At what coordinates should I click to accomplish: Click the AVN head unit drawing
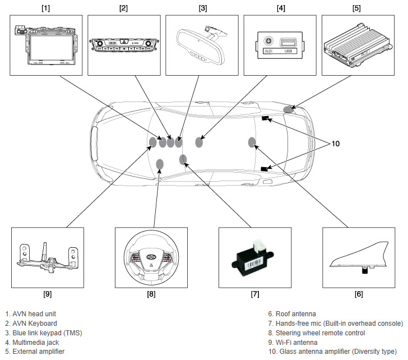pyautogui.click(x=46, y=45)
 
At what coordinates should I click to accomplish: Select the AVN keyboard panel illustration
pyautogui.click(x=124, y=45)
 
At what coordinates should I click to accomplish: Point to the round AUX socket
pyautogui.click(x=268, y=41)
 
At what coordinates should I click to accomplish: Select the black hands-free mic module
pyautogui.click(x=252, y=261)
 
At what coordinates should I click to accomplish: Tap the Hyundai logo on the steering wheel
pyautogui.click(x=151, y=257)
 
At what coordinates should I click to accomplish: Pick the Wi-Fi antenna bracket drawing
pyautogui.click(x=48, y=257)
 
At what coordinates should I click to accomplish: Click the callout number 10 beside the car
pyautogui.click(x=335, y=144)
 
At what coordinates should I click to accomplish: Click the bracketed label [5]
pyautogui.click(x=356, y=8)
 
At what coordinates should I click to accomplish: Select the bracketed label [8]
pyautogui.click(x=151, y=294)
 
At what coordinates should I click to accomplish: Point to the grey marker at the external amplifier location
pyautogui.click(x=288, y=109)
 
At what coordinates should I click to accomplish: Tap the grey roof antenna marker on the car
pyautogui.click(x=252, y=142)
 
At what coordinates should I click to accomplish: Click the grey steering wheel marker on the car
pyautogui.click(x=160, y=164)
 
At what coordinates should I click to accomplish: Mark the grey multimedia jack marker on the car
pyautogui.click(x=199, y=142)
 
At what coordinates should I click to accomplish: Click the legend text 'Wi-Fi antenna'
pyautogui.click(x=296, y=342)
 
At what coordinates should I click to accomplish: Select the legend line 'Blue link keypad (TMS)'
pyautogui.click(x=44, y=333)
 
